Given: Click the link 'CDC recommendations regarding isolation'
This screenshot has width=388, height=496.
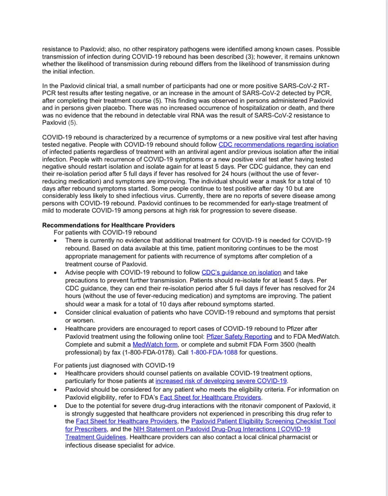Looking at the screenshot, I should [278, 145].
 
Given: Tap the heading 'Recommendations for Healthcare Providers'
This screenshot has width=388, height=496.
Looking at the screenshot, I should [108, 225].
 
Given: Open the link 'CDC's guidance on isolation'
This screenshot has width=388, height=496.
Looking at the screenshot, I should [241, 273].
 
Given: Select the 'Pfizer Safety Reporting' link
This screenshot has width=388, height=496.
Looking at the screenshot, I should [239, 337].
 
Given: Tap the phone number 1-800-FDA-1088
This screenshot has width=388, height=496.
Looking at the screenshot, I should [214, 353].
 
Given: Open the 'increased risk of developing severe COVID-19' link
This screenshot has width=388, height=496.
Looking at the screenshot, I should [221, 381].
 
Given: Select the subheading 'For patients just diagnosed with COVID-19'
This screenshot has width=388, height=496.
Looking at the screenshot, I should [114, 365].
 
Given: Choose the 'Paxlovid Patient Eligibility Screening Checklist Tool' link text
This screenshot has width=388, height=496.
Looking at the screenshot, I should [263, 421].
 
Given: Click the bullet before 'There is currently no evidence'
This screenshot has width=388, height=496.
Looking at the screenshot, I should [55, 241].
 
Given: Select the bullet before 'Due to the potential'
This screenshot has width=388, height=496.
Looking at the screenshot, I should [55, 406].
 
